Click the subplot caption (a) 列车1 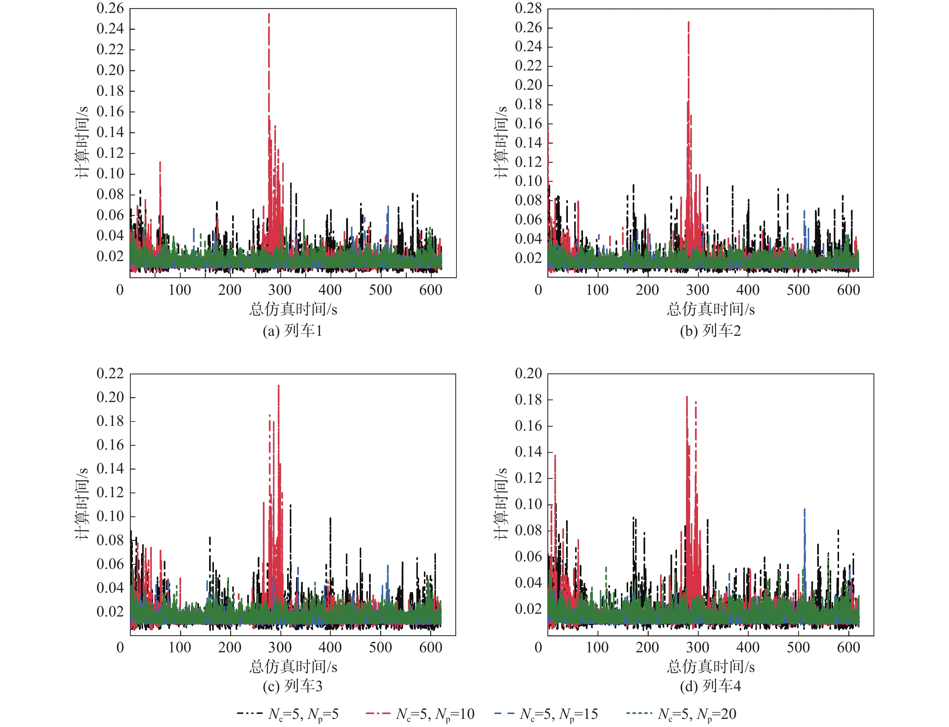pyautogui.click(x=293, y=331)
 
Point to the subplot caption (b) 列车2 pyautogui.click(x=710, y=331)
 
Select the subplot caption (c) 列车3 pyautogui.click(x=293, y=686)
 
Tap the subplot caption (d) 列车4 pyautogui.click(x=710, y=686)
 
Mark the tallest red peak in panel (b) pyautogui.click(x=688, y=23)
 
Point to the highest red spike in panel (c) pyautogui.click(x=278, y=386)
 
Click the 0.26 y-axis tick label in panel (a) pyautogui.click(x=110, y=8)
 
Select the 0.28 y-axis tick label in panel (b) pyautogui.click(x=528, y=8)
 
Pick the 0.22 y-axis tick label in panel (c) pyautogui.click(x=110, y=373)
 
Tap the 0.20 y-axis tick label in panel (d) pyautogui.click(x=528, y=373)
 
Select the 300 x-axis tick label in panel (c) pyautogui.click(x=280, y=647)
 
